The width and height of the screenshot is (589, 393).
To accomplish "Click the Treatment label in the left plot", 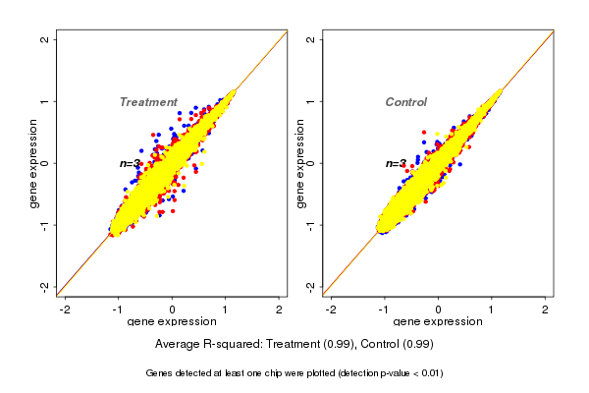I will pyautogui.click(x=148, y=102).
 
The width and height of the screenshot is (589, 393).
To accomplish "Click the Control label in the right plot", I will pyautogui.click(x=405, y=102).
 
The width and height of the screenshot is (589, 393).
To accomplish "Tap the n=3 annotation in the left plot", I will pyautogui.click(x=131, y=163).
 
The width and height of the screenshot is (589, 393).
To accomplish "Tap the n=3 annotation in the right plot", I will pyautogui.click(x=396, y=163).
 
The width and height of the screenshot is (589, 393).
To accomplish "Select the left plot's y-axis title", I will pyautogui.click(x=34, y=163).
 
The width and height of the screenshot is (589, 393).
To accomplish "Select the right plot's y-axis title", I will pyautogui.click(x=299, y=163).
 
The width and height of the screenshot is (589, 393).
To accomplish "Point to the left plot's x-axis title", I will pyautogui.click(x=172, y=322).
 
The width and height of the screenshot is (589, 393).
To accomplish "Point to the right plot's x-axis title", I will pyautogui.click(x=437, y=322).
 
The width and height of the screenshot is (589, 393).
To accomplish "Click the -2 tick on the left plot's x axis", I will pyautogui.click(x=65, y=309).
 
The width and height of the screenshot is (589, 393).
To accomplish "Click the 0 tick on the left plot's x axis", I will pyautogui.click(x=173, y=309).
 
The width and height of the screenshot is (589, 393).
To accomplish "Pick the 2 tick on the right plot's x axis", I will pyautogui.click(x=546, y=309).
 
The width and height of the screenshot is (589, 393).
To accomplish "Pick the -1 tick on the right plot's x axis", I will pyautogui.click(x=384, y=309).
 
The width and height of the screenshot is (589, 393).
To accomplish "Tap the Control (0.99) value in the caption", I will pyautogui.click(x=397, y=345).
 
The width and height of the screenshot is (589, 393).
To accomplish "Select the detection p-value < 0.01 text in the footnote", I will pyautogui.click(x=383, y=373).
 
